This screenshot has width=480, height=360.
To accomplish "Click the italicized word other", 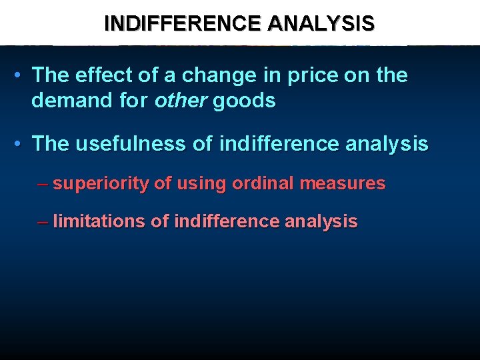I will pos(181,101).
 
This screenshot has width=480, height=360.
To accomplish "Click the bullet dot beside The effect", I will pos(21,76).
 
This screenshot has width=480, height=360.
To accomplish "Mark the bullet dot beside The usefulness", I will pos(21,144).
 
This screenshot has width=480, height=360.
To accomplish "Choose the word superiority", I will pos(101,183).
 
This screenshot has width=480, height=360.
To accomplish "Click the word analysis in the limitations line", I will pos(321,221).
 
